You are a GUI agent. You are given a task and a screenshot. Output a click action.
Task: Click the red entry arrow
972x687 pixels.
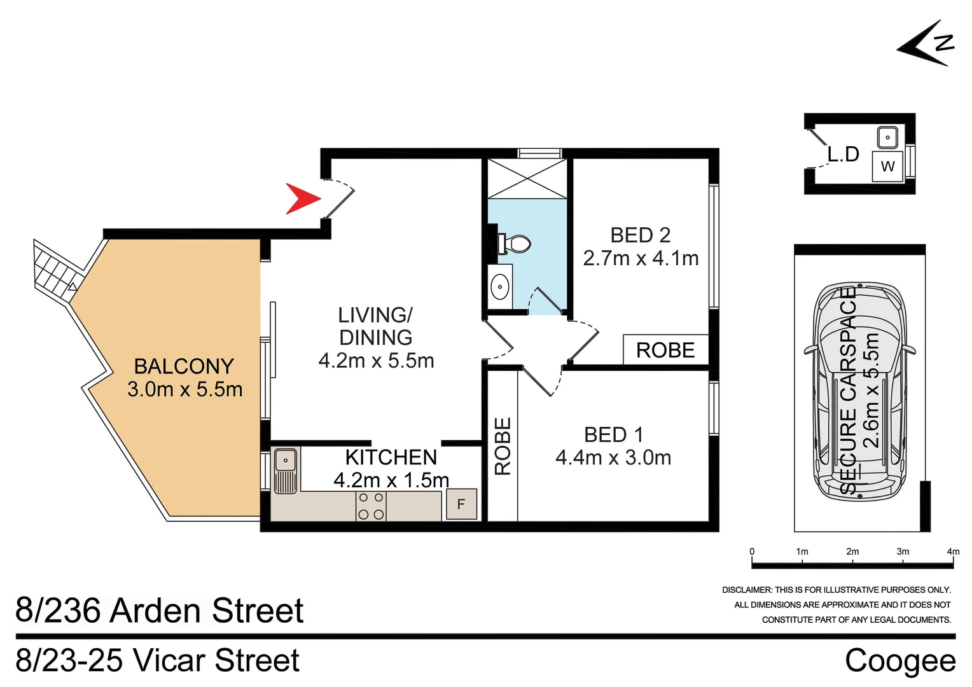(x=302, y=198)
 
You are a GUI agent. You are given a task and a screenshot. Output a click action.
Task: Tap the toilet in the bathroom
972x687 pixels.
(x=515, y=244)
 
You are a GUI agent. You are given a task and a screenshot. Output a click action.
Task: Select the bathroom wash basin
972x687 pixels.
(x=500, y=287)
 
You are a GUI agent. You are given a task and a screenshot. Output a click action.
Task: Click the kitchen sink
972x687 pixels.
(x=286, y=471)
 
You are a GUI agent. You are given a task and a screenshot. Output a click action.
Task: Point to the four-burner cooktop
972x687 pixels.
(x=371, y=506)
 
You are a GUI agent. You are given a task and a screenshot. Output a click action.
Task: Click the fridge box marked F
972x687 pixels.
(x=461, y=504)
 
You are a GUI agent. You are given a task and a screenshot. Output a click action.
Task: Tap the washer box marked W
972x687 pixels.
(x=887, y=167)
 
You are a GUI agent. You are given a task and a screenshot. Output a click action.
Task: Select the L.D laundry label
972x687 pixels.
(x=843, y=154)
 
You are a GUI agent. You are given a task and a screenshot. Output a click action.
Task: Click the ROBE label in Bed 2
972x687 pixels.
(x=665, y=350)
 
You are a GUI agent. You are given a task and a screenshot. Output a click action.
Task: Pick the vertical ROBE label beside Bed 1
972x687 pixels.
(x=503, y=446)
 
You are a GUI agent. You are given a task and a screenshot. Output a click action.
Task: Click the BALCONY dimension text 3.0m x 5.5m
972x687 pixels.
(x=184, y=389)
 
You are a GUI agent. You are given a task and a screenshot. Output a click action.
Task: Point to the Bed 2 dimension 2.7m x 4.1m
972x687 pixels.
(x=641, y=258)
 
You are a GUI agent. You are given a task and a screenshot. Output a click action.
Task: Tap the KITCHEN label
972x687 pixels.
(x=391, y=457)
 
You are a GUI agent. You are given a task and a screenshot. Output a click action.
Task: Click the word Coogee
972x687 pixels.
(x=899, y=660)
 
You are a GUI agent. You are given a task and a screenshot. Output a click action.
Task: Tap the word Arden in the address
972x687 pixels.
(x=156, y=611)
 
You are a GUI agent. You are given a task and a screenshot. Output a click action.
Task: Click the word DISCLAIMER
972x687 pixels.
(x=746, y=590)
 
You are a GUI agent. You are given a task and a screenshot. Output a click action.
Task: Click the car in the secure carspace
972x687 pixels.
(x=859, y=391)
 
